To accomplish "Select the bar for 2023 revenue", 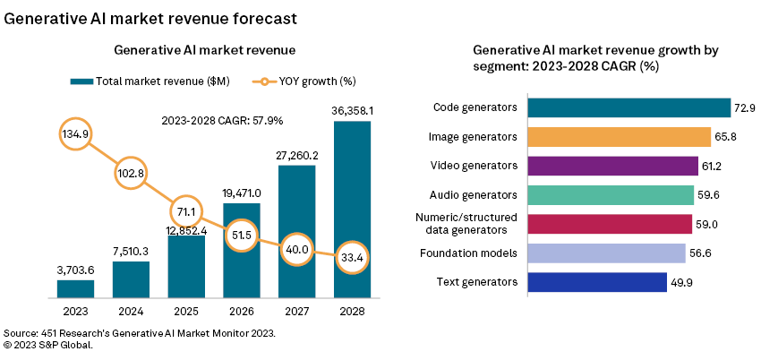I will tap(75, 288).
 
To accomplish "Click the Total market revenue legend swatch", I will tap(81, 81).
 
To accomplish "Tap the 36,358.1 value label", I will tap(352, 111).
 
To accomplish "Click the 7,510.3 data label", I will tap(131, 252).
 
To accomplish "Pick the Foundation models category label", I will tap(469, 253).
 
